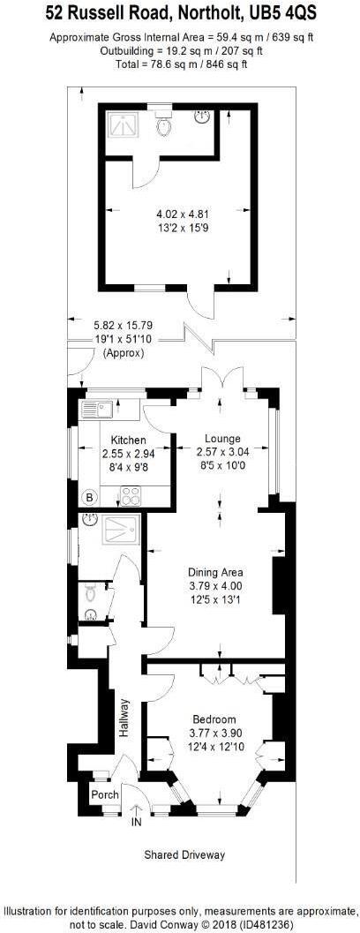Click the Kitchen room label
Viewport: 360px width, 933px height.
pyautogui.click(x=128, y=440)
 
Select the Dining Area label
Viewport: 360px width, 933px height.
pyautogui.click(x=215, y=571)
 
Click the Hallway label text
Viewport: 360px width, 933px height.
pyautogui.click(x=124, y=718)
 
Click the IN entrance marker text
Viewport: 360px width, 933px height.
pyautogui.click(x=136, y=823)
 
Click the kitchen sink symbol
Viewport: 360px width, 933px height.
pyautogui.click(x=94, y=408)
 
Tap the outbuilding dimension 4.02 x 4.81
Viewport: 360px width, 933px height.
pyautogui.click(x=182, y=213)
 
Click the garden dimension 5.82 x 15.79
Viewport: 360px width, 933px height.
pyautogui.click(x=123, y=325)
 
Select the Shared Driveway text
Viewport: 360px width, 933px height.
pyautogui.click(x=184, y=854)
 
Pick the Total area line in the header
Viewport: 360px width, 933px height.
pyautogui.click(x=180, y=64)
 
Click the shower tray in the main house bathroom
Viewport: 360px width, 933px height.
pyautogui.click(x=119, y=530)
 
